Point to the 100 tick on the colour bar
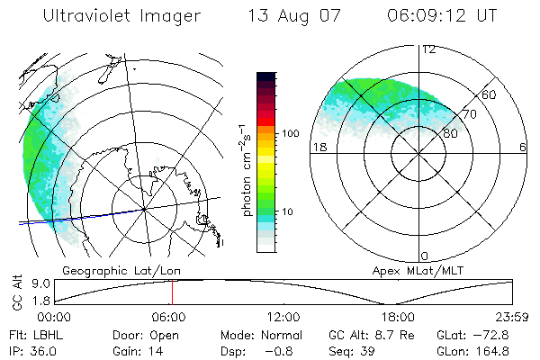[292, 133]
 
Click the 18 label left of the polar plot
[319, 147]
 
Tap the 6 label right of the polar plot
[521, 147]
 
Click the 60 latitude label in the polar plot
[490, 94]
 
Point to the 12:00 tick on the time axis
[283, 317]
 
